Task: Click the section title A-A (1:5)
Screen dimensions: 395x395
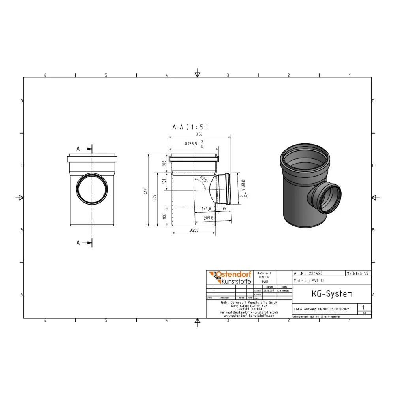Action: click(x=190, y=127)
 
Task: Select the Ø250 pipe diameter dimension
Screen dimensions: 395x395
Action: click(x=194, y=230)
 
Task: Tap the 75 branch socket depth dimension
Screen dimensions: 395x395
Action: click(x=224, y=209)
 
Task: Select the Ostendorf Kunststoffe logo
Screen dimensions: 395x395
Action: click(x=229, y=278)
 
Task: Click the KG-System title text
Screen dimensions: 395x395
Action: click(x=326, y=294)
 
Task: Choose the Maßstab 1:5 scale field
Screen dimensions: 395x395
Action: click(x=358, y=273)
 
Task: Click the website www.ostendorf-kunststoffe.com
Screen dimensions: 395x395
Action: click(x=249, y=316)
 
